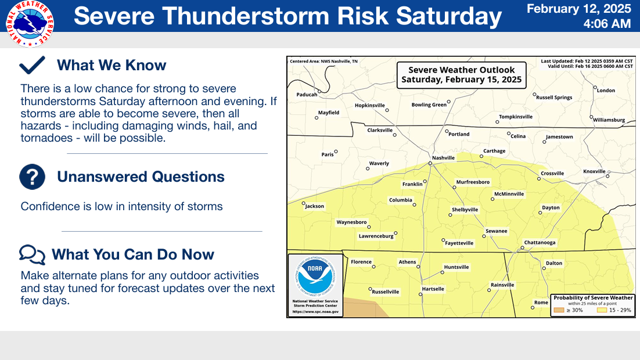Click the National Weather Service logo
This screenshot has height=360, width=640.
(30, 24)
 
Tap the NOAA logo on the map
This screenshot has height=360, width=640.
(315, 276)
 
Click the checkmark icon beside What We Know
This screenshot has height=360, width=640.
(33, 65)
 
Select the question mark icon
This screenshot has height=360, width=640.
(33, 177)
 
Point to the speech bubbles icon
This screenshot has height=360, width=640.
(33, 255)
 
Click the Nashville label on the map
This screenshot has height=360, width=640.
(443, 157)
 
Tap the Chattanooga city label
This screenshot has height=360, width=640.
(540, 243)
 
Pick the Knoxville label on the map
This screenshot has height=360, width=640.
(594, 171)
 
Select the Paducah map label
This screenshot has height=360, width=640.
(307, 95)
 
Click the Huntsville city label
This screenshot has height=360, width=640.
(456, 267)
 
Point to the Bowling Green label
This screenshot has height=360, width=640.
(429, 105)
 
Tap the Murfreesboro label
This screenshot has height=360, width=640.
(473, 182)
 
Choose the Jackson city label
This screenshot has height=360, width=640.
(315, 206)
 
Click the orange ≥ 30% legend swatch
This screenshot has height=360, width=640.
(559, 310)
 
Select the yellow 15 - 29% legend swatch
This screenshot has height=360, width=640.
(602, 310)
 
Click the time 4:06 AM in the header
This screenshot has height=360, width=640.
(607, 24)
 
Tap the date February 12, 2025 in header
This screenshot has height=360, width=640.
(579, 9)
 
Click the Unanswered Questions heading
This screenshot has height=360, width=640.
(141, 177)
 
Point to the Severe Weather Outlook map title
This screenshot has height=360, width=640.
(462, 75)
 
